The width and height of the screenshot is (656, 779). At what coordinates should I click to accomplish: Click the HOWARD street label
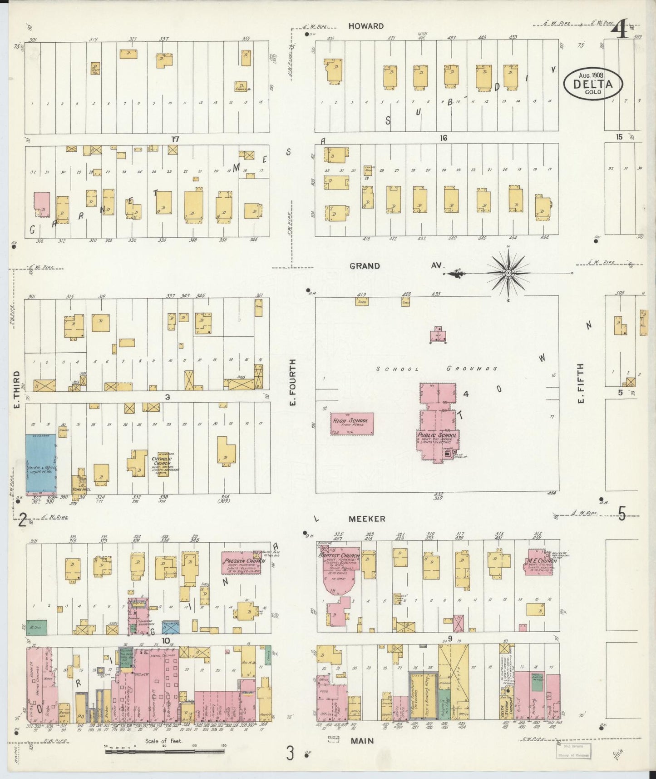366,26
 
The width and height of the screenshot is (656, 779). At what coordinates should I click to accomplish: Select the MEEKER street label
367,519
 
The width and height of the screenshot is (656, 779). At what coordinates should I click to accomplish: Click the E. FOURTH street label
293,383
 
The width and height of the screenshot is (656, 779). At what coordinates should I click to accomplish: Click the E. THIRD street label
16,389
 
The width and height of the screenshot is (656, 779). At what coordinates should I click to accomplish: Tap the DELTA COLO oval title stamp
593,84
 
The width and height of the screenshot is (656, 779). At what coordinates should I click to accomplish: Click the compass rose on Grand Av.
508,273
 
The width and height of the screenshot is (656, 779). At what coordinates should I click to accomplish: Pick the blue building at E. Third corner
41,464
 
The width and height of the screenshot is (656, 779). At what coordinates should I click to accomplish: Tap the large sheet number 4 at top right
619,30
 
